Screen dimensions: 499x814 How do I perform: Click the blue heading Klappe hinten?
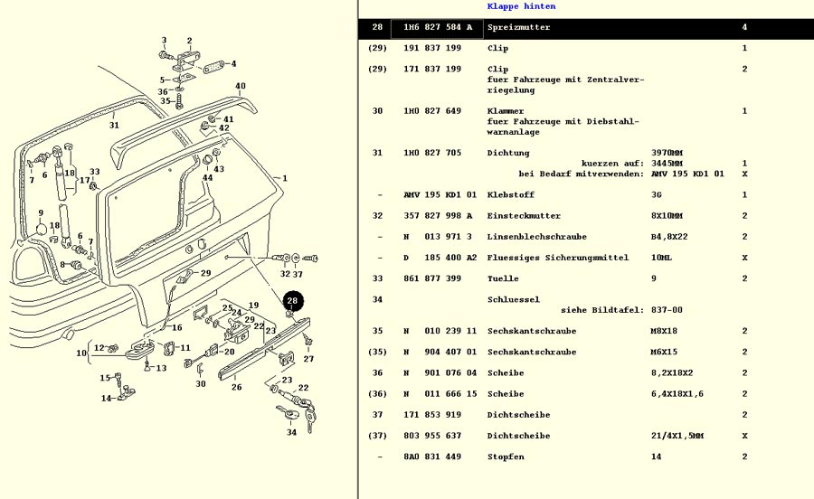coord(521,6)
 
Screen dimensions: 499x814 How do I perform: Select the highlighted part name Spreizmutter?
coord(518,27)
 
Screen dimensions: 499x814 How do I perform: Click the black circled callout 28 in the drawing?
coord(292,301)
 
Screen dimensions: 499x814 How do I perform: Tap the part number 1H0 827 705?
coord(432,153)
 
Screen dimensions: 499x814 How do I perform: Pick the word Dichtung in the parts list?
coord(508,153)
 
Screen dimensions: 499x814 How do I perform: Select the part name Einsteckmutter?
coord(524,216)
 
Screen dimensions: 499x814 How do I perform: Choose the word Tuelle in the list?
coord(502,278)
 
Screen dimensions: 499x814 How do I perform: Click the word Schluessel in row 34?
coord(514,299)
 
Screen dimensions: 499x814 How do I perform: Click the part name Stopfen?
coord(506,457)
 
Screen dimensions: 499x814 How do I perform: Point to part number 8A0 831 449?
coord(432,457)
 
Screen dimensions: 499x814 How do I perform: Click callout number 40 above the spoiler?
coord(241,87)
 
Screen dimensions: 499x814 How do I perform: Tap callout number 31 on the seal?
coord(114,126)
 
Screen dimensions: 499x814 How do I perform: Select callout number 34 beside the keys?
coord(292,432)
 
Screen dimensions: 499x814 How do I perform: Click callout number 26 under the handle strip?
coord(236,388)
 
